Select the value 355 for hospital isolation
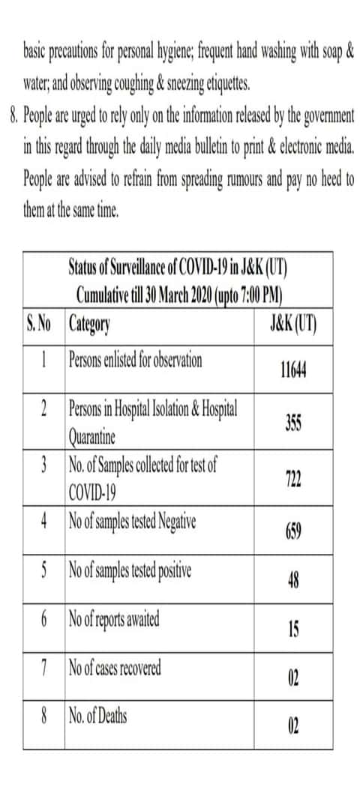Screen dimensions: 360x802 tap(294, 423)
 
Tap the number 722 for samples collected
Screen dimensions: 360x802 tap(294, 480)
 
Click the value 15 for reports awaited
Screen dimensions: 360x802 tap(294, 630)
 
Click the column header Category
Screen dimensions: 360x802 tap(89, 325)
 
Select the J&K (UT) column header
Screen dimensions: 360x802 tap(292, 325)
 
